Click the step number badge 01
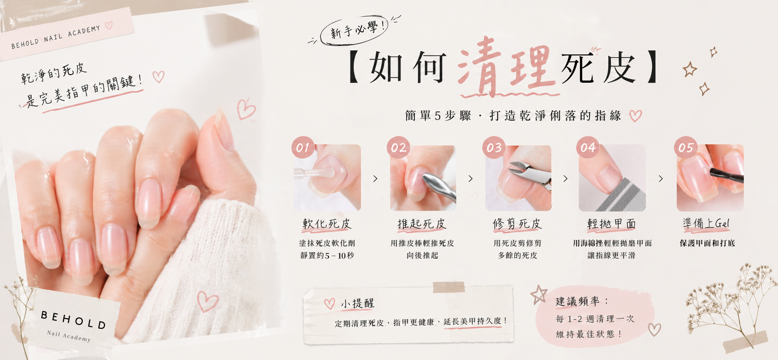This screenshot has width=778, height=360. pos(303,147)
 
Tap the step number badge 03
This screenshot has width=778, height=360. pos(494,147)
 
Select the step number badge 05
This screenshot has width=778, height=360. pos(686,147)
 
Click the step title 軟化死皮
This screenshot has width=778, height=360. pos(327,224)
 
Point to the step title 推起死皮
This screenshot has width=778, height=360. pos(422,224)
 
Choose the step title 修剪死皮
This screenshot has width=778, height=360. pos(517,224)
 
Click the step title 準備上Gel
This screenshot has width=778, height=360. pos(706,223)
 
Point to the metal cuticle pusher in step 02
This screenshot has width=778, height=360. pos(439,186)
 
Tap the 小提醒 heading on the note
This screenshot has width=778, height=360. pos(358,303)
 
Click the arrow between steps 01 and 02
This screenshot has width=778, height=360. pos(375,179)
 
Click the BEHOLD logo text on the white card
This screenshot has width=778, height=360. pos(73,320)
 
